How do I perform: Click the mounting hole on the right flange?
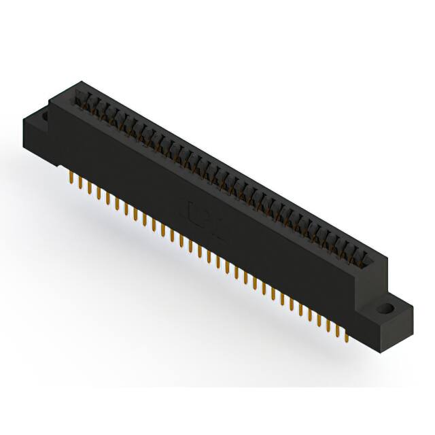[388, 308]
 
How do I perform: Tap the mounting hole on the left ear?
[45, 117]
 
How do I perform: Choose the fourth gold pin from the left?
[99, 192]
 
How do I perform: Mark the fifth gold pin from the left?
[107, 197]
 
